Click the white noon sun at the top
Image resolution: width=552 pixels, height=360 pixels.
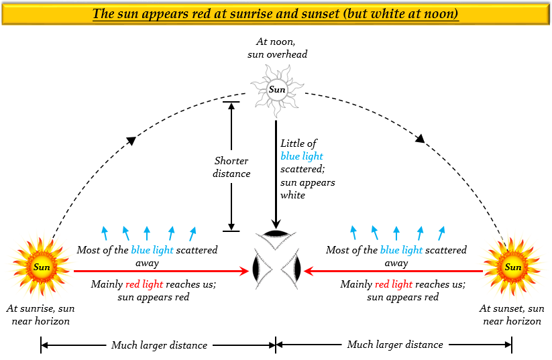276,90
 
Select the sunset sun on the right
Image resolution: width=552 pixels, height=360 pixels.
512,267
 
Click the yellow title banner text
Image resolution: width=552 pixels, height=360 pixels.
276,14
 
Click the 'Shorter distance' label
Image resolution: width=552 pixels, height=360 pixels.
231,167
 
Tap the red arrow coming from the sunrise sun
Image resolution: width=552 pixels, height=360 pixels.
161,272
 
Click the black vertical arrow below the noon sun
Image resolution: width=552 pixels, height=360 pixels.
276,174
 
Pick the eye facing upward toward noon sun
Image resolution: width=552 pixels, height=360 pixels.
276,234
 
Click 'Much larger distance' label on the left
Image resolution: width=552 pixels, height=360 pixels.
159,345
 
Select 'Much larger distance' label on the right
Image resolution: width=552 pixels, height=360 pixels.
394,345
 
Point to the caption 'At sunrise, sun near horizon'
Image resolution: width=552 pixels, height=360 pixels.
40,315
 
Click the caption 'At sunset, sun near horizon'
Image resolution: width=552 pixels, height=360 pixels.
512,315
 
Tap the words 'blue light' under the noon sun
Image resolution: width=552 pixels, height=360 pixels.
302,156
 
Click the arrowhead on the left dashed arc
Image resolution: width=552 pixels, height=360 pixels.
132,140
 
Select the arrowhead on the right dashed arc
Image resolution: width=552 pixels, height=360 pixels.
421,139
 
